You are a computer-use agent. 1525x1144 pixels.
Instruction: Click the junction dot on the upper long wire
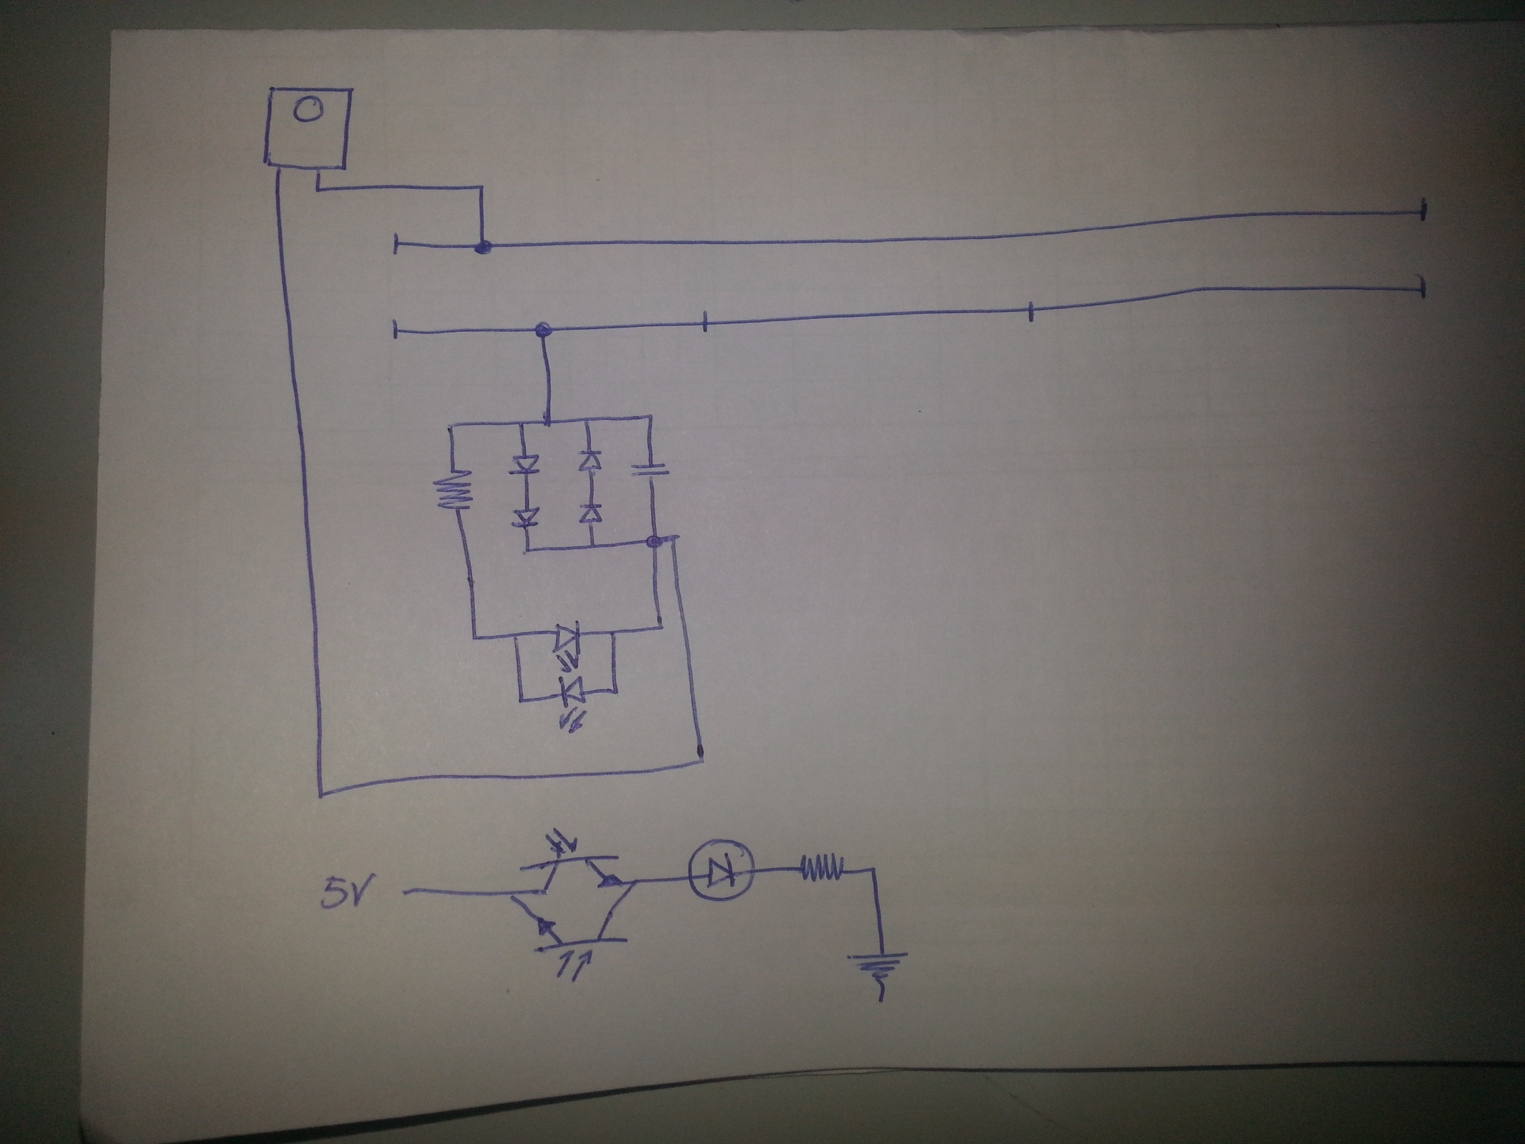tap(485, 247)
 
